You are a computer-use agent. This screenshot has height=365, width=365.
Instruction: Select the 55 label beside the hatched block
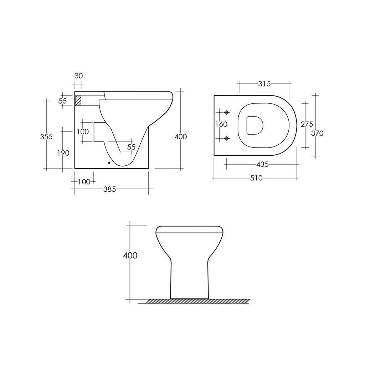(63, 101)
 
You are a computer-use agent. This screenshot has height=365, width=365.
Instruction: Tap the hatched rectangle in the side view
(78, 100)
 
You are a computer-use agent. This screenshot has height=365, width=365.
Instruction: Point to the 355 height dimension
(46, 137)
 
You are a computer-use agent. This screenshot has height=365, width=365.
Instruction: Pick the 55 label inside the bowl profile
(131, 147)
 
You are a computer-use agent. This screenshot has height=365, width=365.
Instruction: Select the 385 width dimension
(109, 190)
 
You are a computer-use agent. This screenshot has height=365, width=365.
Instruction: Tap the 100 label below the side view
(84, 182)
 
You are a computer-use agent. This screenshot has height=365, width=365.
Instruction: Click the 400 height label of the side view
(181, 137)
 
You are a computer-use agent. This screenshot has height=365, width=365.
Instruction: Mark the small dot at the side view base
(109, 164)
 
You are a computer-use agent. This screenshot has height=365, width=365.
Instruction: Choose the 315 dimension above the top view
(264, 84)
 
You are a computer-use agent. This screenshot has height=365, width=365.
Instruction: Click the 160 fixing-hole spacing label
(221, 125)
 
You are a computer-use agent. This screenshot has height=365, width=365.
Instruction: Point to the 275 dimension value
(307, 124)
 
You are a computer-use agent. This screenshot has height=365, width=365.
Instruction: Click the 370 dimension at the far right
(317, 133)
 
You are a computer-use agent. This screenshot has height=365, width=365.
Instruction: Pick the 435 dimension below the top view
(262, 164)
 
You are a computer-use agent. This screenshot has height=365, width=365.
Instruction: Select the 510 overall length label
(256, 178)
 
